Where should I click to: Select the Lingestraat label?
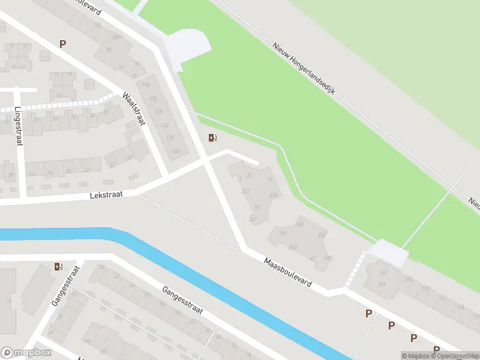(18, 126)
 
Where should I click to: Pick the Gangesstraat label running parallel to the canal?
(182, 302)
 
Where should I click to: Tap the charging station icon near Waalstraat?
(212, 138)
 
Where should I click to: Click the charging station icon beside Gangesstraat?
(58, 266)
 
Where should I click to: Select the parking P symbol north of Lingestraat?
(62, 43)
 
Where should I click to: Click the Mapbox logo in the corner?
(26, 353)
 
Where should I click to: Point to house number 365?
(301, 224)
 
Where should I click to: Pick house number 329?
(274, 196)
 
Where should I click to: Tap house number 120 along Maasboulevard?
(158, 125)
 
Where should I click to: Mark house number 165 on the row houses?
(460, 307)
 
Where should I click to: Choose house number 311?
(244, 191)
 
